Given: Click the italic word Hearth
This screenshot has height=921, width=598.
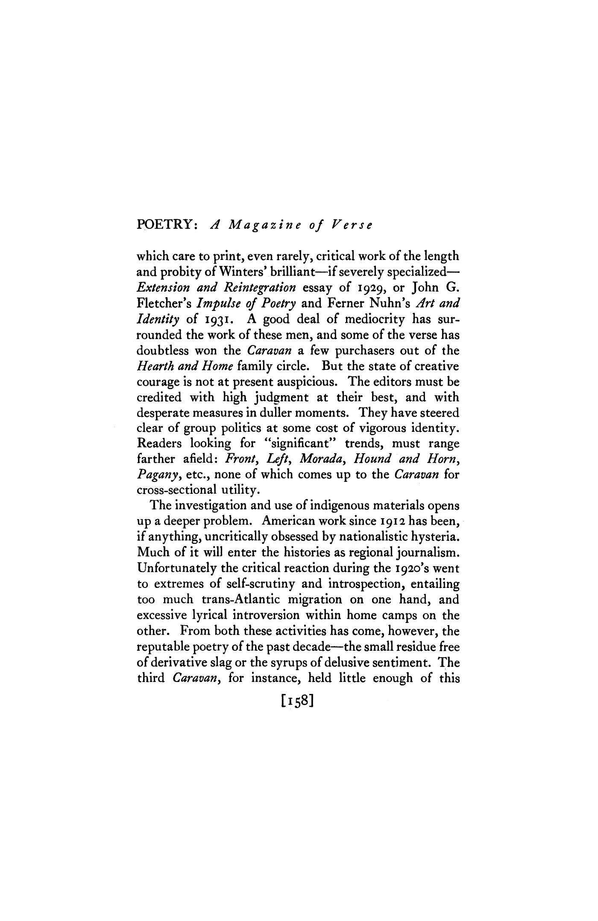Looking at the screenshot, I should click(153, 366).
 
